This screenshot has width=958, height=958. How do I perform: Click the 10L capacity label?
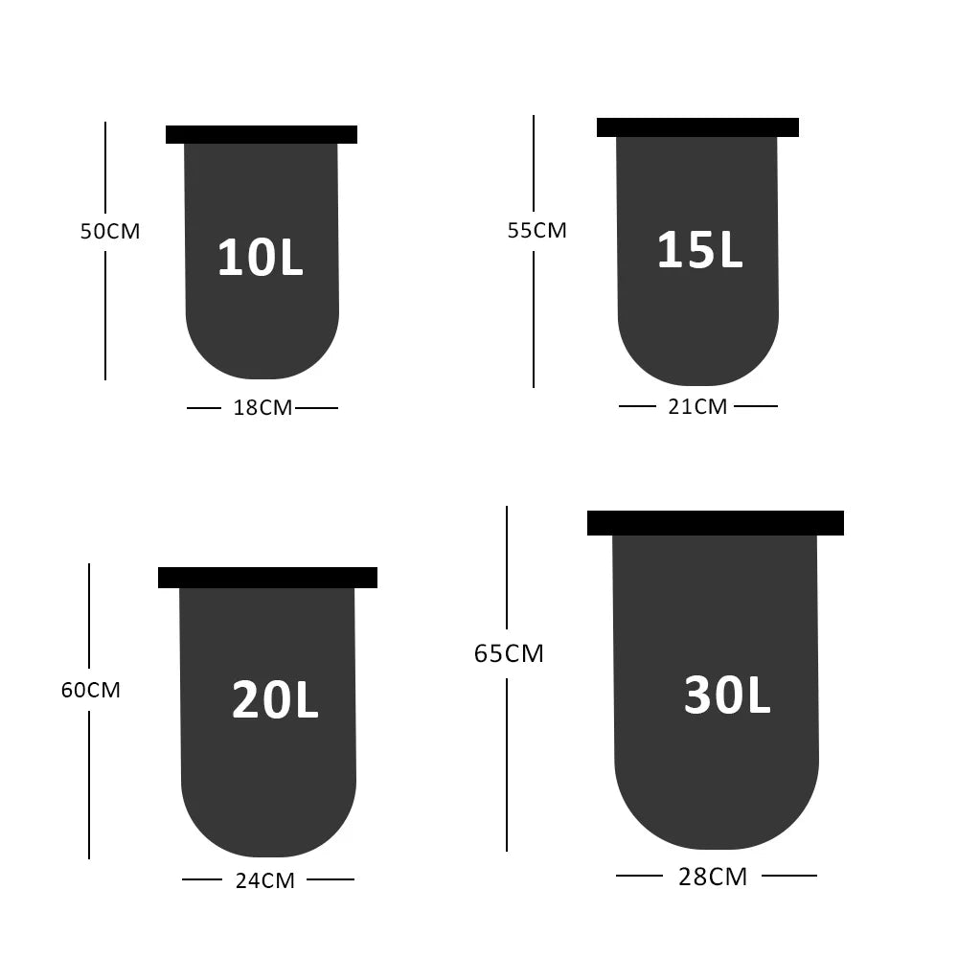coord(261,257)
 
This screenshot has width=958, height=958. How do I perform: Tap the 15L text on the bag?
coord(699,249)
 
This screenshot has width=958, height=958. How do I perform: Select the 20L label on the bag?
coord(275,699)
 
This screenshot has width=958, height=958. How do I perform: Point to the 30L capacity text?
coord(727,694)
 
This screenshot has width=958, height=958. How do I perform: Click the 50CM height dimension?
coord(110,231)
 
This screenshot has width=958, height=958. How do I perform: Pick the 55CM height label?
coord(537,230)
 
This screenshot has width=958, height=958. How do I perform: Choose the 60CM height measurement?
coord(90,690)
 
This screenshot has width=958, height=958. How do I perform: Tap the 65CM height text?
coord(509,653)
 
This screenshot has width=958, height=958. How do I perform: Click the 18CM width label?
coord(262,407)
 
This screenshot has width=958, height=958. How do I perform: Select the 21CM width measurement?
coord(697,406)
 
